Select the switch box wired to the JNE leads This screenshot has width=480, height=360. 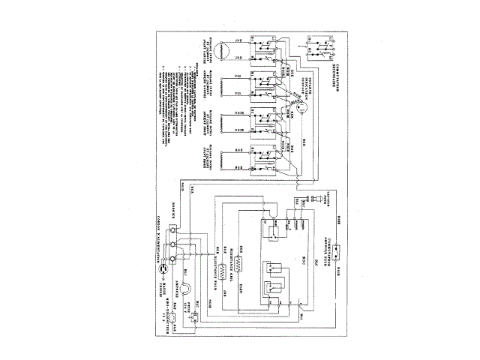click(x=265, y=49)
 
